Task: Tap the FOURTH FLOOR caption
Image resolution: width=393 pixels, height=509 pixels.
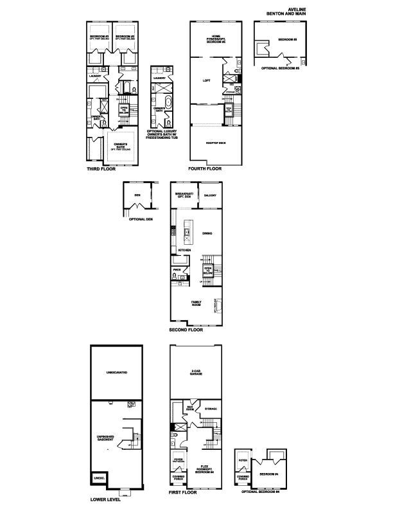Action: pyautogui.click(x=205, y=169)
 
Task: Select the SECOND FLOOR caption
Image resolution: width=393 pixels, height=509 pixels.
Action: pyautogui.click(x=186, y=330)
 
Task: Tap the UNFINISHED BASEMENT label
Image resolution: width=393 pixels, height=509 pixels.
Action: pyautogui.click(x=106, y=440)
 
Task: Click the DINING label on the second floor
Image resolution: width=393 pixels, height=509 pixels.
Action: pyautogui.click(x=207, y=233)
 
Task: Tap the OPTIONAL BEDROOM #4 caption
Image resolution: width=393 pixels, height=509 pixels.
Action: pyautogui.click(x=260, y=492)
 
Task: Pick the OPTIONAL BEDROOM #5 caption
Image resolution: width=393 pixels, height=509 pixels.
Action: pyautogui.click(x=281, y=68)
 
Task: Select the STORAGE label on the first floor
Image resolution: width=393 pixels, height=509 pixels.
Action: pyautogui.click(x=211, y=409)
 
